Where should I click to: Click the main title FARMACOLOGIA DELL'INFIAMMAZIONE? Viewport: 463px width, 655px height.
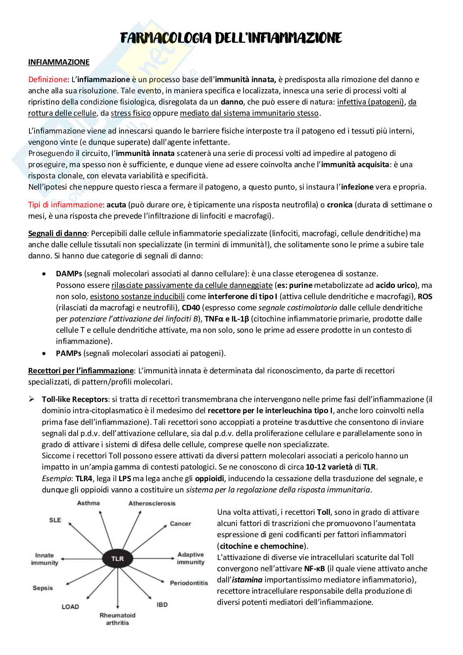[x=231, y=38]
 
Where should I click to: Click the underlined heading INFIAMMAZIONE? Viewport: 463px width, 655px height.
[x=58, y=62]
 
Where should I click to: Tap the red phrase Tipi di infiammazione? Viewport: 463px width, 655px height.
[x=65, y=205]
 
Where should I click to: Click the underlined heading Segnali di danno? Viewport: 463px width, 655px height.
[x=57, y=233]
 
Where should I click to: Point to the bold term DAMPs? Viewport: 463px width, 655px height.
[x=69, y=274]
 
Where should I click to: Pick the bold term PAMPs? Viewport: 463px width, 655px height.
[x=68, y=353]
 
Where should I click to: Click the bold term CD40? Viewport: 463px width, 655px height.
[x=191, y=308]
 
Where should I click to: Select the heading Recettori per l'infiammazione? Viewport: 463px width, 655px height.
[x=81, y=370]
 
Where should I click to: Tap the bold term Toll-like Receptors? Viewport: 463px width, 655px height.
[x=75, y=399]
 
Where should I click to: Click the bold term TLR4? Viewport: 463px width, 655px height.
[x=84, y=479]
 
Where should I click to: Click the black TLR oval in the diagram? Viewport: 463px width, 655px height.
[x=117, y=559]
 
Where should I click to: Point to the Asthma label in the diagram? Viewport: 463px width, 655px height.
[x=88, y=503]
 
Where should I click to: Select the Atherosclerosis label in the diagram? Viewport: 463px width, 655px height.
[x=152, y=504]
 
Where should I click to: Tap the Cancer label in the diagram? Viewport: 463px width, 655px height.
[x=180, y=524]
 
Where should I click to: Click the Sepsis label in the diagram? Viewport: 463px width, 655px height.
[x=43, y=588]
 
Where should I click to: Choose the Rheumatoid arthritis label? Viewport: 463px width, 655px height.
[x=117, y=619]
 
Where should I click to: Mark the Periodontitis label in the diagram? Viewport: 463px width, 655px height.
[x=189, y=583]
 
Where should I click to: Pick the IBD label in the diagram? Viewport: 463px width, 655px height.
[x=162, y=604]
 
